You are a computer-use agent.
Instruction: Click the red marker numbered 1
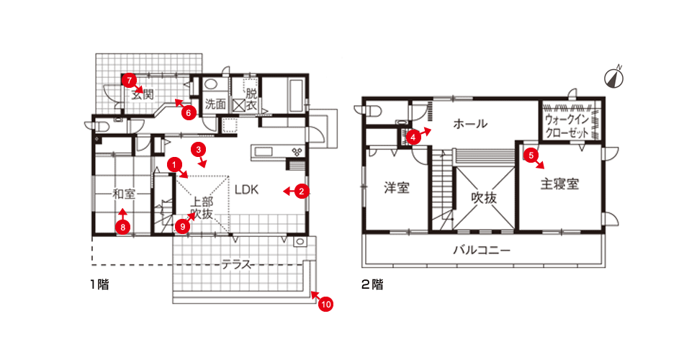(174, 164)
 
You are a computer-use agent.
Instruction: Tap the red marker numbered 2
(302, 191)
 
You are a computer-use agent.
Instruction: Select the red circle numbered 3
(198, 150)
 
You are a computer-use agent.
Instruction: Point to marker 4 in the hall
(413, 138)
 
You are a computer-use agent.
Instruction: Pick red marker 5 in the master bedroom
(531, 155)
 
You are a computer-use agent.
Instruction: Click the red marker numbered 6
(189, 113)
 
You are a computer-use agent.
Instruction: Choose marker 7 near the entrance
(129, 80)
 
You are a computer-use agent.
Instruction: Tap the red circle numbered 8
(123, 227)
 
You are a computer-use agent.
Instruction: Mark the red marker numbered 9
(182, 226)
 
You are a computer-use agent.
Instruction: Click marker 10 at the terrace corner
(326, 304)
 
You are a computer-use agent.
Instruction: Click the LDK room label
(246, 190)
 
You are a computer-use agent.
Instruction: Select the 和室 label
(124, 194)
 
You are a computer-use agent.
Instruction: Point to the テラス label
(236, 264)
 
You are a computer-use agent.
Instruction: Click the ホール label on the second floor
(470, 124)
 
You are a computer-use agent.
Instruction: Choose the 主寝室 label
(559, 184)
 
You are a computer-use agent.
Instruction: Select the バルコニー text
(482, 251)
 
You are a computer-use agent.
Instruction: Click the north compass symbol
(613, 77)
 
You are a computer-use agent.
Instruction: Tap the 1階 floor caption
(99, 284)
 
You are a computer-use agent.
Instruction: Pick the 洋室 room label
(397, 188)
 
